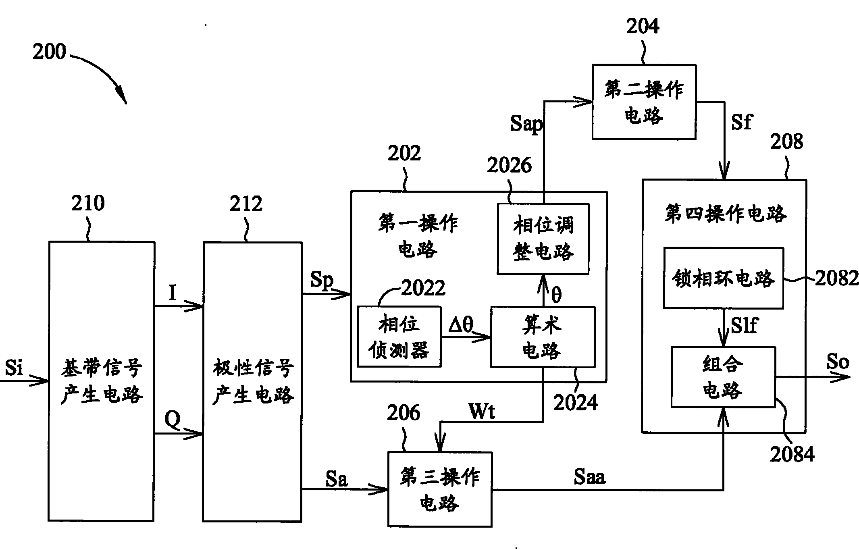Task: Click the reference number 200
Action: pyautogui.click(x=49, y=52)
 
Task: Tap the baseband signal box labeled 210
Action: pyautogui.click(x=101, y=381)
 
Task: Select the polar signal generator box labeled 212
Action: pyautogui.click(x=252, y=381)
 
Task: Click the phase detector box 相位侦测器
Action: pyautogui.click(x=399, y=337)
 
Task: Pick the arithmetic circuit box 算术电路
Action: pyautogui.click(x=542, y=337)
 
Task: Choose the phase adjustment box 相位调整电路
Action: pyautogui.click(x=543, y=239)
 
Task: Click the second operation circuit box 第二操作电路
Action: pyautogui.click(x=644, y=102)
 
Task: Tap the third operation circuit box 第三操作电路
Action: pyautogui.click(x=440, y=489)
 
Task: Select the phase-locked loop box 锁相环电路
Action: pyautogui.click(x=724, y=279)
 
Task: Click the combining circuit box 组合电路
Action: pyautogui.click(x=723, y=377)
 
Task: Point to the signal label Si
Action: pyautogui.click(x=14, y=368)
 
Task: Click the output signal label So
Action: pyautogui.click(x=838, y=362)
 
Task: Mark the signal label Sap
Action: pyautogui.click(x=526, y=123)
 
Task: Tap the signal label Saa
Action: pyautogui.click(x=589, y=477)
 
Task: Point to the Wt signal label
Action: pyautogui.click(x=482, y=412)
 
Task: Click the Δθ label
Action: pyautogui.click(x=461, y=324)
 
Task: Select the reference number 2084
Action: pyautogui.click(x=792, y=454)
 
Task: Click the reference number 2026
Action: pyautogui.click(x=509, y=165)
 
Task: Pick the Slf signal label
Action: pyautogui.click(x=744, y=325)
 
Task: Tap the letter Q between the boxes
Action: pyautogui.click(x=173, y=420)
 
